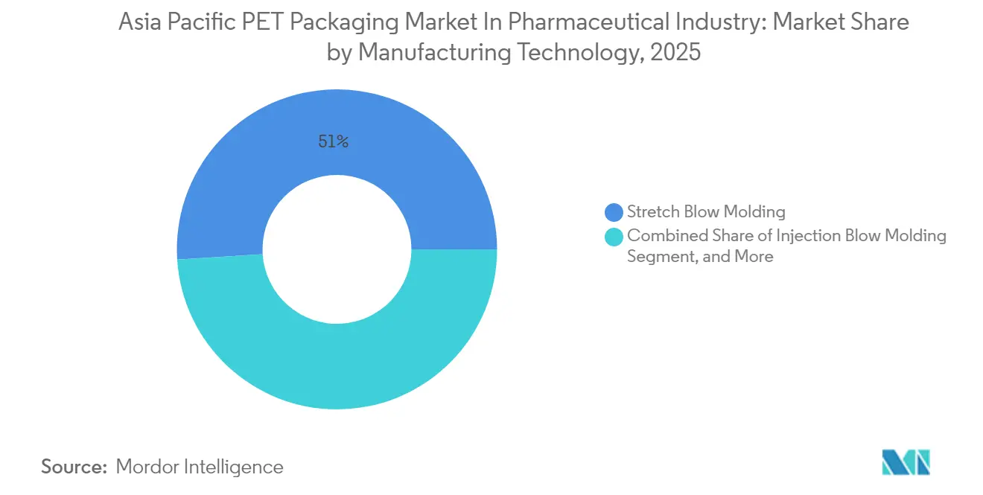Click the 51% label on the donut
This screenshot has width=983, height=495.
(x=333, y=141)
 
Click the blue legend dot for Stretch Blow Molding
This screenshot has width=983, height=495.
(x=614, y=212)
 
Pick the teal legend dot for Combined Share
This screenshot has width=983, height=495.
(x=614, y=237)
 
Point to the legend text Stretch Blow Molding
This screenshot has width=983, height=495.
(x=706, y=212)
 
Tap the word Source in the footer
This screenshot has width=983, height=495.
(x=74, y=467)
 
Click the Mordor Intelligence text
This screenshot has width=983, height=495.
(x=200, y=467)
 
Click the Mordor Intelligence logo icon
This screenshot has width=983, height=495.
(x=906, y=462)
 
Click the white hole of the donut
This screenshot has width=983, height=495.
(x=337, y=249)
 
